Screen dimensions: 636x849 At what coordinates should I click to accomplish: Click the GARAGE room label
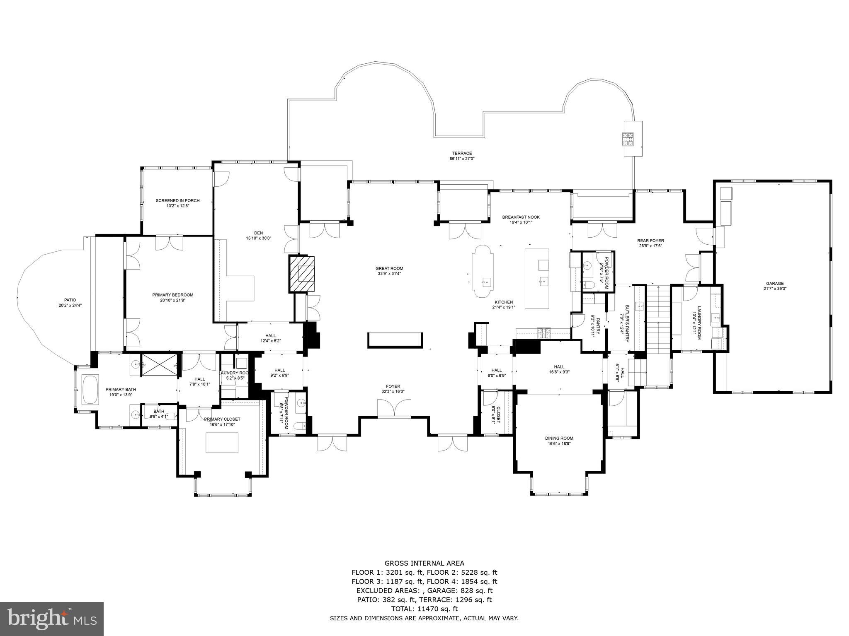click(774, 284)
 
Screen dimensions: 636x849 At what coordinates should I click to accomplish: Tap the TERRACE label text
click(462, 153)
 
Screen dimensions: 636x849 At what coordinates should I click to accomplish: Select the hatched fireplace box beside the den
click(302, 275)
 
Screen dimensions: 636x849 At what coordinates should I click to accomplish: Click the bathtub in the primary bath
click(90, 390)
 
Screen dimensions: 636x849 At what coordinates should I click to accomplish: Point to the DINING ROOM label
click(559, 438)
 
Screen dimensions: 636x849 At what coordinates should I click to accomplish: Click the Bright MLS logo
click(51, 619)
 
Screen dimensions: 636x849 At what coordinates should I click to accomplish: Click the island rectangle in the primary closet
click(222, 443)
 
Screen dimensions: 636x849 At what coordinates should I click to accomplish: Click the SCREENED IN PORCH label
click(177, 200)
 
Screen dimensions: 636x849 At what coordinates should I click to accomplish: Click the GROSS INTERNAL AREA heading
click(424, 563)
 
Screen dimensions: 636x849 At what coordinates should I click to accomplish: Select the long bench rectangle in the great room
click(395, 340)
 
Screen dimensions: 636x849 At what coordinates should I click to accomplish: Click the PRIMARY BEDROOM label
click(172, 295)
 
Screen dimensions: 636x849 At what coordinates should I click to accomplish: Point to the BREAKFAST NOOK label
click(521, 217)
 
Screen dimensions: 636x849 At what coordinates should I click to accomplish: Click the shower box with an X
click(160, 365)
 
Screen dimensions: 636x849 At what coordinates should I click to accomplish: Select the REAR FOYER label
click(650, 241)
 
